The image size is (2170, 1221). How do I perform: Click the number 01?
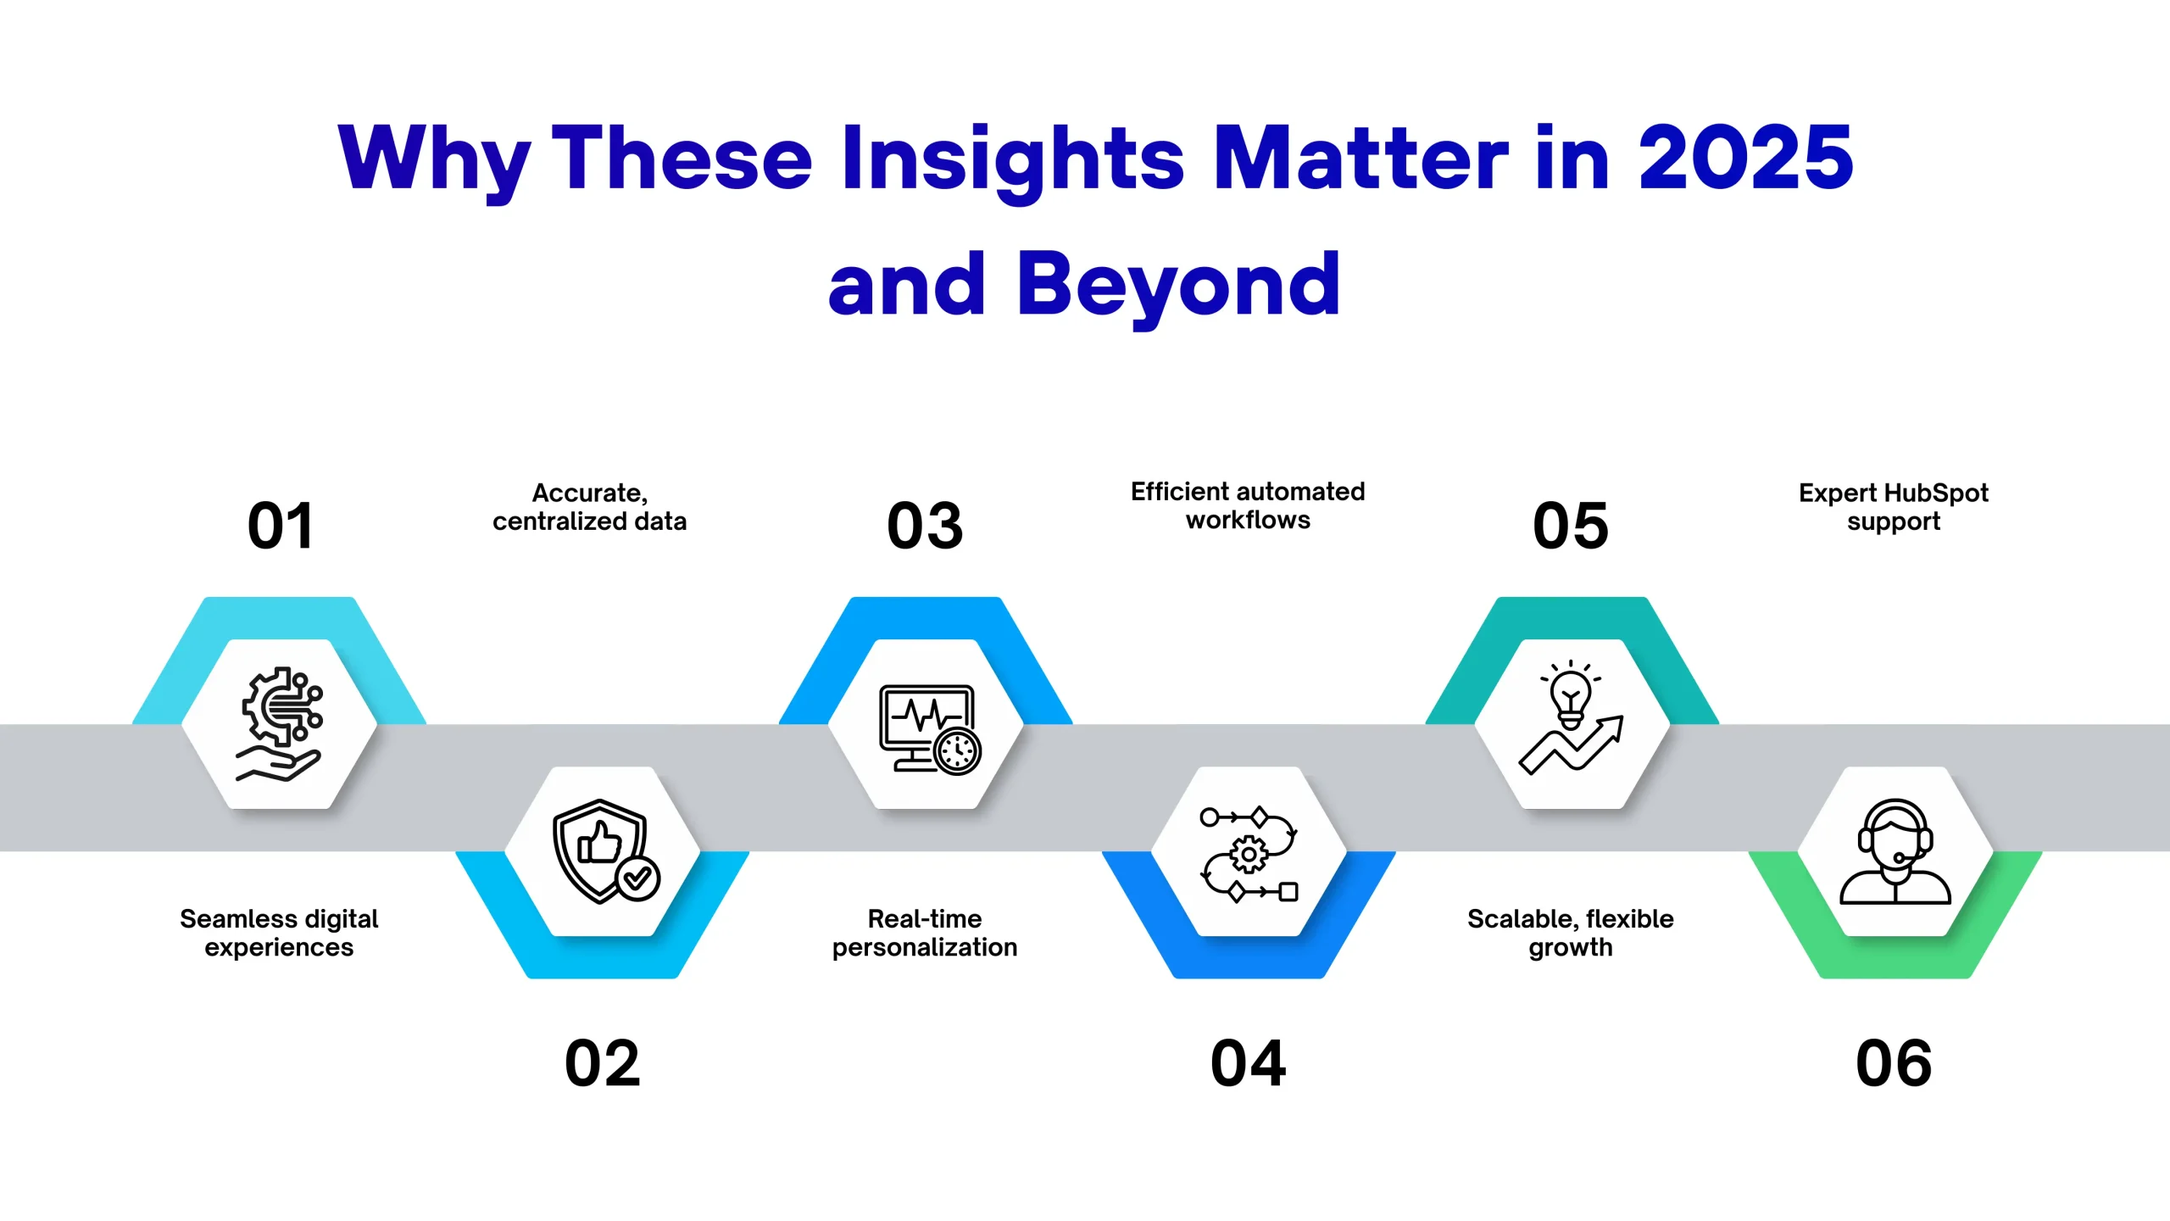coord(281,526)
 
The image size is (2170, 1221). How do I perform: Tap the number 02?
coord(603,1063)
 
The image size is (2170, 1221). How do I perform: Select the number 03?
coord(926,526)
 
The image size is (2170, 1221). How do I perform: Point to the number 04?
coord(1249,1063)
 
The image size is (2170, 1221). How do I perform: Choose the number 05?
coord(1571,526)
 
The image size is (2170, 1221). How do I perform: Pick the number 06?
coord(1895,1063)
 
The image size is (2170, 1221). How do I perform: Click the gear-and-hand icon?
coord(280,724)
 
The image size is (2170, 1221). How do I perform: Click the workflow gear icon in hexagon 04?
coord(1249,854)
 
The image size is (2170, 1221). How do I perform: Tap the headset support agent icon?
coord(1895,851)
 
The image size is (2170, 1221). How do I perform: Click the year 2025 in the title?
coord(1746,158)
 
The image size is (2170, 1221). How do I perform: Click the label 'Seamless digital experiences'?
coord(279,933)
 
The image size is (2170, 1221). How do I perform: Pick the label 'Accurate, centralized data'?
coord(590,507)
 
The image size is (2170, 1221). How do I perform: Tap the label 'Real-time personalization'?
coord(925,933)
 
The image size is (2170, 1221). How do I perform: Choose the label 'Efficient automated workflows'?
coord(1248,505)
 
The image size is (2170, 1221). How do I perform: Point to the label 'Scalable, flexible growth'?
coord(1571,933)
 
